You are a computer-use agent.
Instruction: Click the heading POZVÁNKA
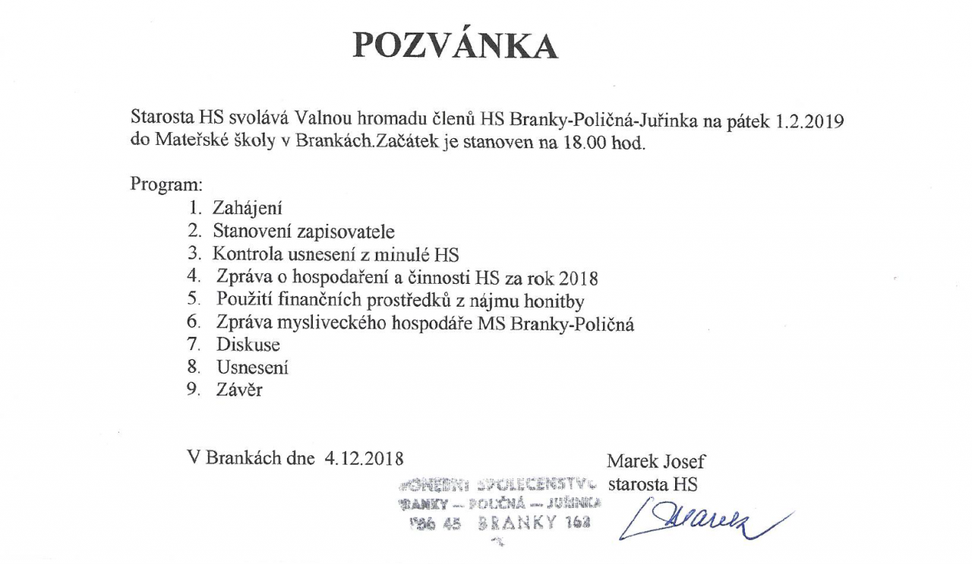[x=456, y=47]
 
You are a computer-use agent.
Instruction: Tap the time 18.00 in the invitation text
[x=582, y=143]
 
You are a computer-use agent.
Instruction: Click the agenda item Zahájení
[x=247, y=207]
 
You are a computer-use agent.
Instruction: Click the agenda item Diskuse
[x=248, y=345]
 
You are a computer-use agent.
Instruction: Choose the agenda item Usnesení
[x=252, y=367]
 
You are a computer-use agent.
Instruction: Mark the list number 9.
[x=194, y=390]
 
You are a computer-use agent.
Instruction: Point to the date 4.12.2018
[x=364, y=458]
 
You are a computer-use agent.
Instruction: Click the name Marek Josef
[x=656, y=461]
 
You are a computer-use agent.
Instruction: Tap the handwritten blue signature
[x=706, y=521]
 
